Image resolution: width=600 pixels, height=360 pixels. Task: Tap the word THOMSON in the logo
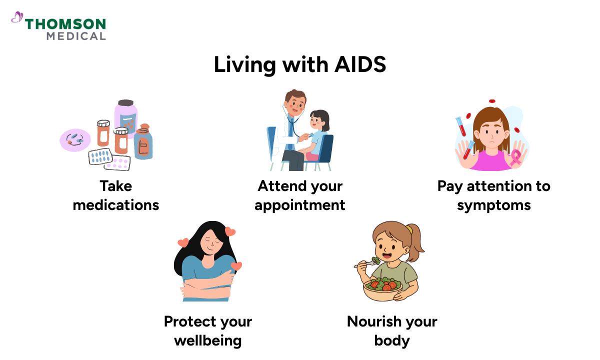coord(65,24)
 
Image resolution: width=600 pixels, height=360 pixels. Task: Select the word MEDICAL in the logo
coord(76,36)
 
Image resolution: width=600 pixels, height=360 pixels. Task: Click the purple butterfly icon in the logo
coord(17,18)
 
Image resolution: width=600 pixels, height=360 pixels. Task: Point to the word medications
coord(116,205)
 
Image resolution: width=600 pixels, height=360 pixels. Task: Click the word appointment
coord(300,205)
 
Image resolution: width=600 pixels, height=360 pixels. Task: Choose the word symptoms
coord(493,205)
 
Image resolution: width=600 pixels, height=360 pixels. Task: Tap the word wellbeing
coord(207,340)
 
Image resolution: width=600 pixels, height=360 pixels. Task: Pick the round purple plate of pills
coord(75,139)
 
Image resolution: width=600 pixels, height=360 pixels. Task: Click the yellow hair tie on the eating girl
coord(409,229)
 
